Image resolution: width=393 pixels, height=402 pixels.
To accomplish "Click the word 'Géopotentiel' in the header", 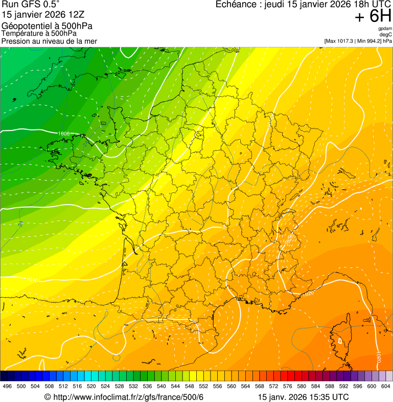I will point(24,26).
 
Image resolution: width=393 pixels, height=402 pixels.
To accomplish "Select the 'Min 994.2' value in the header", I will point(371,41).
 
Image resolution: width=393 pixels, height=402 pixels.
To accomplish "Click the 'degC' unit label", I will point(386,35).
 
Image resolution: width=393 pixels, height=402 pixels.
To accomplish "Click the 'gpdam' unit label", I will point(385,29).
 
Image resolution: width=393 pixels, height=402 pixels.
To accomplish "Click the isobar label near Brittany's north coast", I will point(64,133).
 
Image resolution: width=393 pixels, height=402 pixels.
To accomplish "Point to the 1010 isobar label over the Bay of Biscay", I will point(32,280).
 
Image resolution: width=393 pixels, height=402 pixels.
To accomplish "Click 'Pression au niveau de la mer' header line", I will point(49,41).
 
